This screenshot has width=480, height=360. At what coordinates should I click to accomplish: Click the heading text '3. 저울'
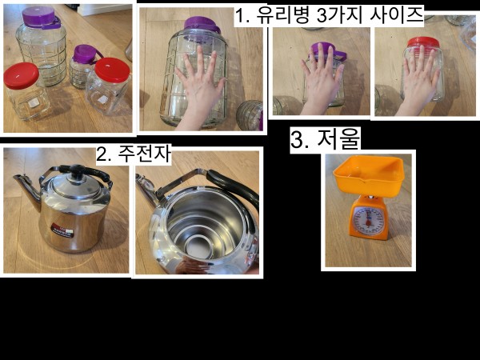pos(325,139)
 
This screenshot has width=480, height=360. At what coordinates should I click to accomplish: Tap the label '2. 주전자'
pos(134,154)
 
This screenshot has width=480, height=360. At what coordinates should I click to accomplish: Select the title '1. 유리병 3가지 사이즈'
pos(329,14)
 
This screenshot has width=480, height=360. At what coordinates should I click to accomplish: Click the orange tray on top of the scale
pos(369,174)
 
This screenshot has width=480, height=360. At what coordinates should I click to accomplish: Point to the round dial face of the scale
pos(368,221)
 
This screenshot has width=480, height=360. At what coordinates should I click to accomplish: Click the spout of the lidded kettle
pos(26,190)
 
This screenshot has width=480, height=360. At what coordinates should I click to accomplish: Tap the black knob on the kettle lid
pos(77,172)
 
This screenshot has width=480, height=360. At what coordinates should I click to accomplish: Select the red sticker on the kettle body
pos(62,230)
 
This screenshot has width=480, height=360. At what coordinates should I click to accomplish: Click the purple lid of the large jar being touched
pos(202,24)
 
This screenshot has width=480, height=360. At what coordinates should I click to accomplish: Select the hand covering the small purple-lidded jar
pos(321,78)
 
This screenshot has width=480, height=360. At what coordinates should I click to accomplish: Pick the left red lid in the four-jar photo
pos(21,75)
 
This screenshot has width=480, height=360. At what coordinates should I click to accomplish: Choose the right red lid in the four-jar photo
pos(112,70)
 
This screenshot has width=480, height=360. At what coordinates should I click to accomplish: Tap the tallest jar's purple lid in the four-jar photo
pos(41,17)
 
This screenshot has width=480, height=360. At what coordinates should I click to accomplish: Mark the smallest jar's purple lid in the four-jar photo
pos(85,54)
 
